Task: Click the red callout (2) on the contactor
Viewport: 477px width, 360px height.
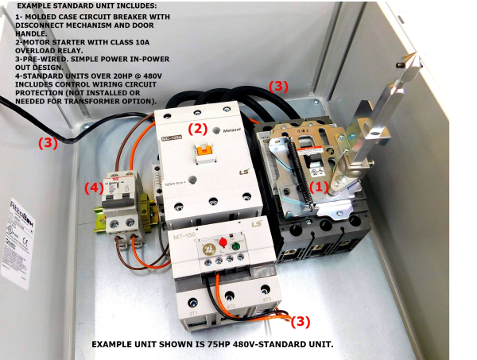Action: (x=197, y=127)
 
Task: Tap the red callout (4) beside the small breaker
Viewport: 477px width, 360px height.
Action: (x=95, y=188)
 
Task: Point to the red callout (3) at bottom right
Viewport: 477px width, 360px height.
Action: (x=299, y=321)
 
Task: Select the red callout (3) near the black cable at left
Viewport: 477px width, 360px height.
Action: (x=49, y=143)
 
